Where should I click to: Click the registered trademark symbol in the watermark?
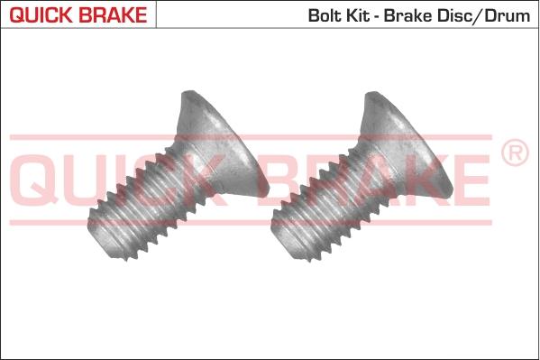click(515, 154)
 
